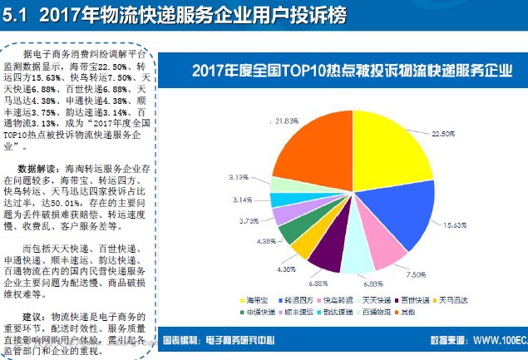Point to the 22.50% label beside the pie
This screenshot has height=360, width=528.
[x=444, y=134]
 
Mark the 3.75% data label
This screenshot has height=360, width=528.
[x=251, y=221]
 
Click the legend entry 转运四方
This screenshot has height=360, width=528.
[x=297, y=299]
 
